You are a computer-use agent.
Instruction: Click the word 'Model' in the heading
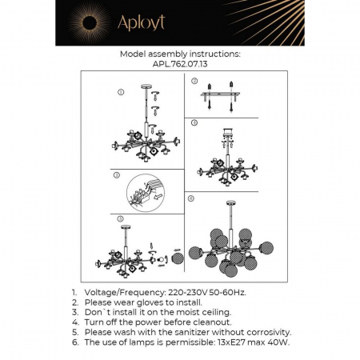(x=133, y=54)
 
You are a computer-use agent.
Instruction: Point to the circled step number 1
(x=120, y=92)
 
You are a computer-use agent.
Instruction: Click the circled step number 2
(x=194, y=82)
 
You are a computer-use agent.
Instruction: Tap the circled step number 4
(x=194, y=124)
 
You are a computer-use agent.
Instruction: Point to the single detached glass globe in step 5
(x=178, y=259)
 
